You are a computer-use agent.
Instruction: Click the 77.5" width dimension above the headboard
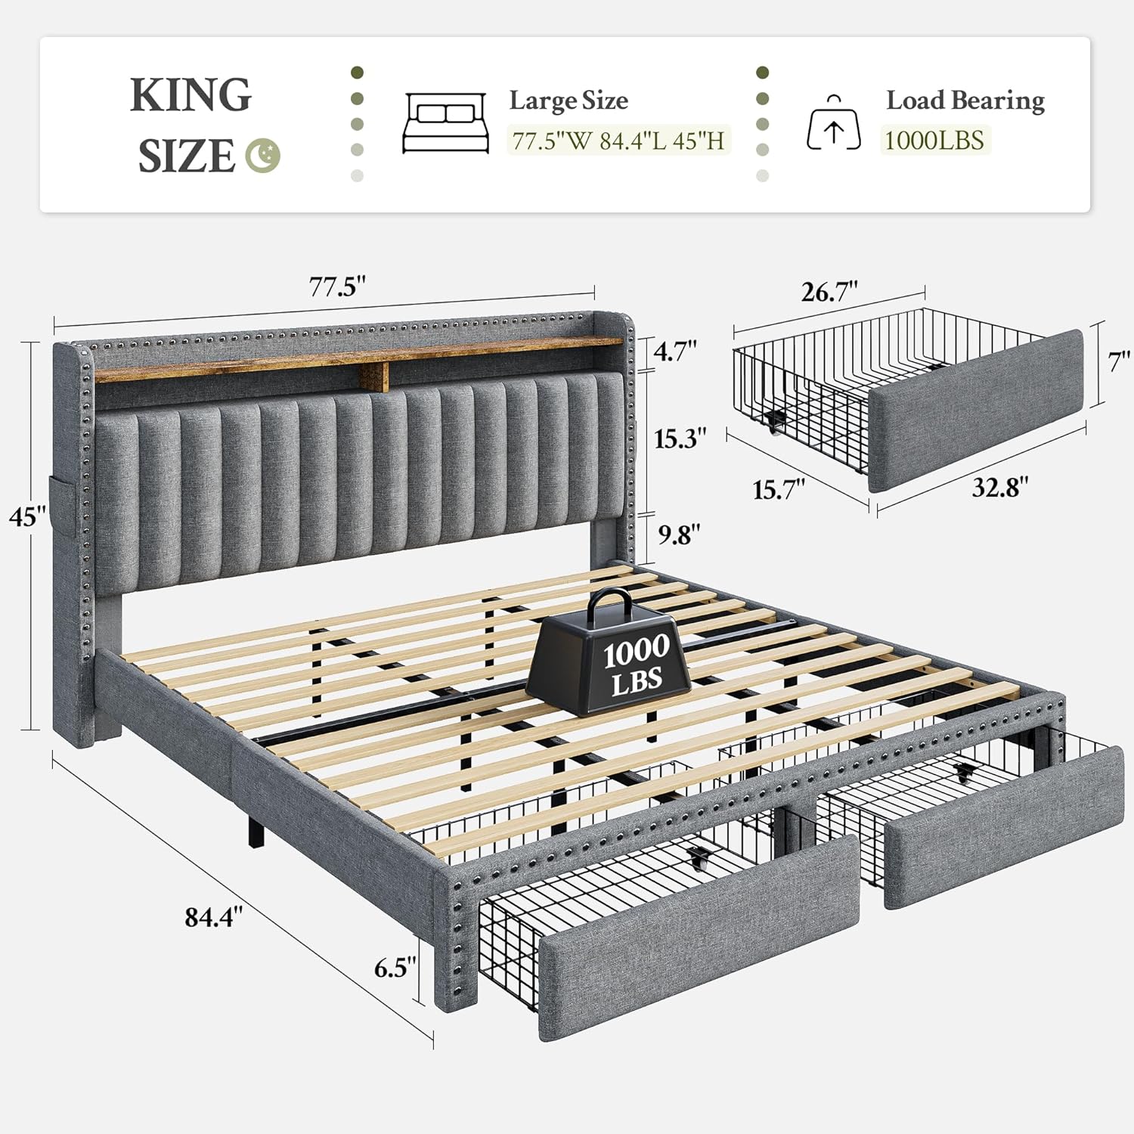[337, 287]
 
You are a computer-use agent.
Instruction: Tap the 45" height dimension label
[27, 518]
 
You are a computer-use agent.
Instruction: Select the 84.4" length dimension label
[214, 917]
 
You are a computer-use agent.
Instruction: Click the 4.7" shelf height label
[675, 352]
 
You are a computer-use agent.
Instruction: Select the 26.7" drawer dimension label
[829, 292]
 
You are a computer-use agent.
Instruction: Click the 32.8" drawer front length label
[999, 488]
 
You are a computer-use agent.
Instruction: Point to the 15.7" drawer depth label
[779, 490]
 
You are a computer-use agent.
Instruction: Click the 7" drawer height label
[1119, 362]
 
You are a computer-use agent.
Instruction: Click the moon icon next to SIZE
[263, 156]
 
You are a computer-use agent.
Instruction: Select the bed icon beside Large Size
[445, 123]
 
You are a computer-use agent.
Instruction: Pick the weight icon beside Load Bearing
[833, 125]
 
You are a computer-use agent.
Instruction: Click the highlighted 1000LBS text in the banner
[934, 141]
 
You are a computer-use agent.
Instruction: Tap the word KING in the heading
[191, 95]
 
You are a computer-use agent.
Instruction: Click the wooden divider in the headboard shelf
[375, 376]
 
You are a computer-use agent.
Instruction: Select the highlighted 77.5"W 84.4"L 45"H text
[618, 141]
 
